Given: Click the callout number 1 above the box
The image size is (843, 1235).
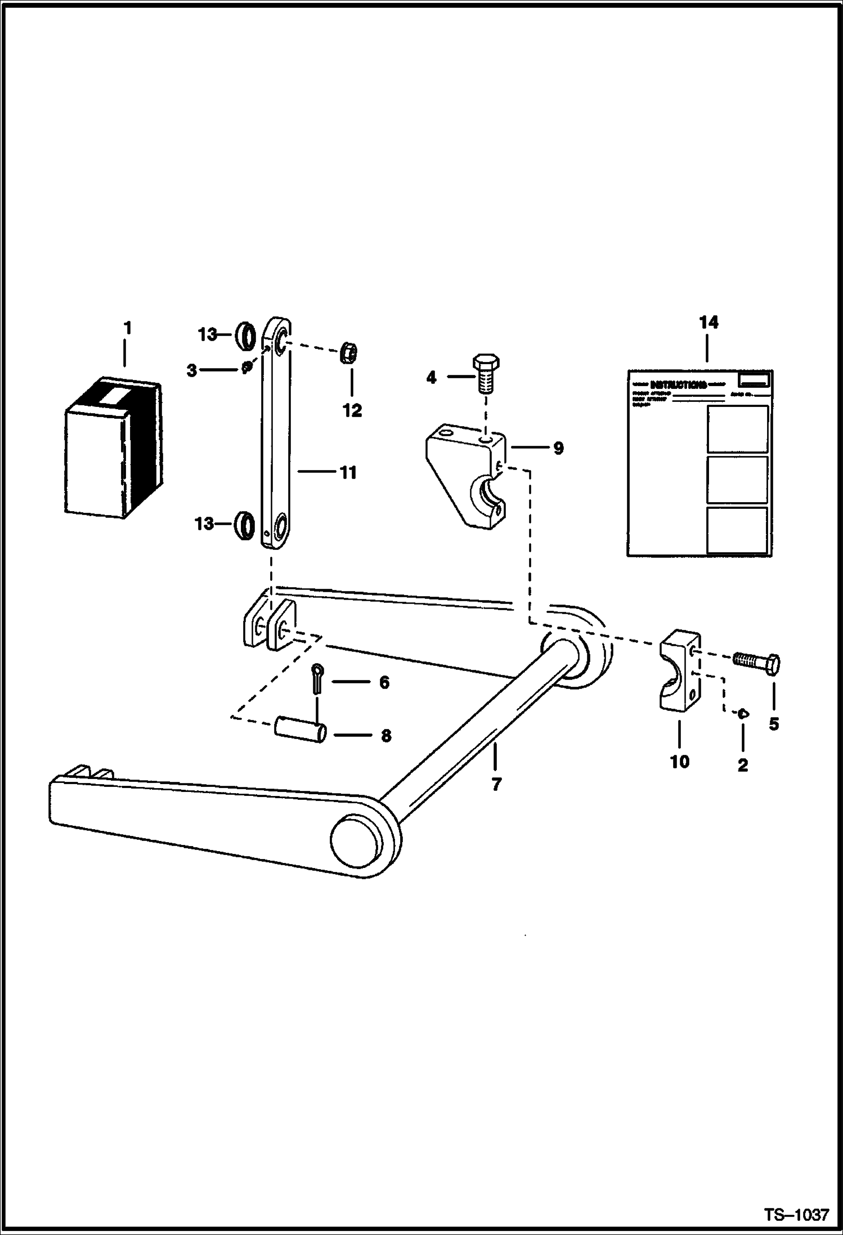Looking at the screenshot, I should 127,328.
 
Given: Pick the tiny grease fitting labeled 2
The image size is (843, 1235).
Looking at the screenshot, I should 743,713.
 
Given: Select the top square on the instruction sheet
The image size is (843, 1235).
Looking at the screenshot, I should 737,429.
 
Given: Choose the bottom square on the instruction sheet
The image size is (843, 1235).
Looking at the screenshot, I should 737,530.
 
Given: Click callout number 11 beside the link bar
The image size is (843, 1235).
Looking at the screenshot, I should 348,472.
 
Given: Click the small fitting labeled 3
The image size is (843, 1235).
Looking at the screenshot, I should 246,368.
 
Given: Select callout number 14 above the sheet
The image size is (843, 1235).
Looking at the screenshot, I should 709,323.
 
